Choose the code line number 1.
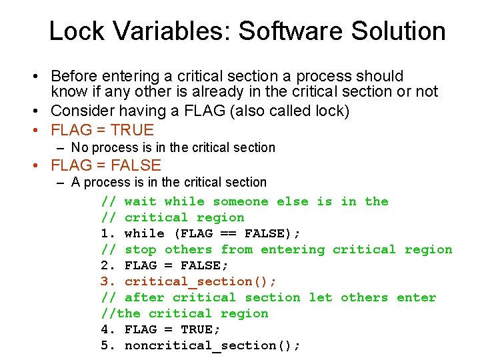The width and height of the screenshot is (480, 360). [109, 233]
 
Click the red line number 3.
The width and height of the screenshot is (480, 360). [109, 281]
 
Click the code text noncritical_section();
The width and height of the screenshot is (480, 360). [213, 345]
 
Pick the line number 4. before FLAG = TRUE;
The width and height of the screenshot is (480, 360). [109, 329]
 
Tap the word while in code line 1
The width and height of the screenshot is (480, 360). [144, 233]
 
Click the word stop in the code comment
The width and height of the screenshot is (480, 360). [140, 249]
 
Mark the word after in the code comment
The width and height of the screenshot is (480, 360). [144, 297]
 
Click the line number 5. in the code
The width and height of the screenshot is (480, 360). [109, 345]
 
